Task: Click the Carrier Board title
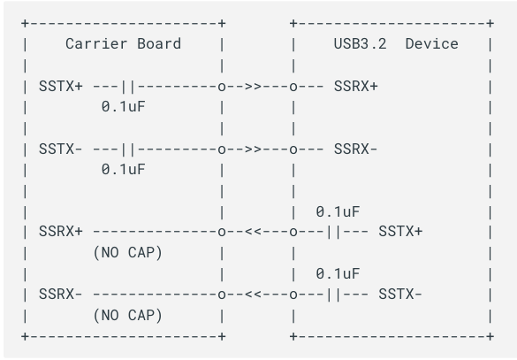tap(124, 44)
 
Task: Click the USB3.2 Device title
tap(396, 44)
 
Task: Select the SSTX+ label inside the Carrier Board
tap(61, 87)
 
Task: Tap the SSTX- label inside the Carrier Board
tap(61, 149)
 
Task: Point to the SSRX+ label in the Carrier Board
tap(61, 232)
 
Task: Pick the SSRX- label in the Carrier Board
tap(61, 294)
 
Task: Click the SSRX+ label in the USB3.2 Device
tap(356, 87)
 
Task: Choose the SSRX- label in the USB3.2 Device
tap(356, 149)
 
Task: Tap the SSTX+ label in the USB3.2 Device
tap(400, 232)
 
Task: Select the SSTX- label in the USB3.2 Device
tap(400, 294)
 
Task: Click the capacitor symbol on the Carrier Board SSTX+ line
tap(128, 87)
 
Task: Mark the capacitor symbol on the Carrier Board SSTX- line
tap(128, 149)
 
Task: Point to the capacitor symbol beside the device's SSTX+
tap(333, 232)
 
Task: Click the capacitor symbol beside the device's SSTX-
tap(333, 295)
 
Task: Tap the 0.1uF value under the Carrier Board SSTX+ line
tap(124, 106)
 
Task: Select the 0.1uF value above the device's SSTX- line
tap(338, 274)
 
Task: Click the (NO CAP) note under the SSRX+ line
tap(128, 253)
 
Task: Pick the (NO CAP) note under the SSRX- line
tap(128, 316)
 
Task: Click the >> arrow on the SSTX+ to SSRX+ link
tap(253, 87)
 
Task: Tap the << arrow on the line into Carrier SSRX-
tap(253, 295)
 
